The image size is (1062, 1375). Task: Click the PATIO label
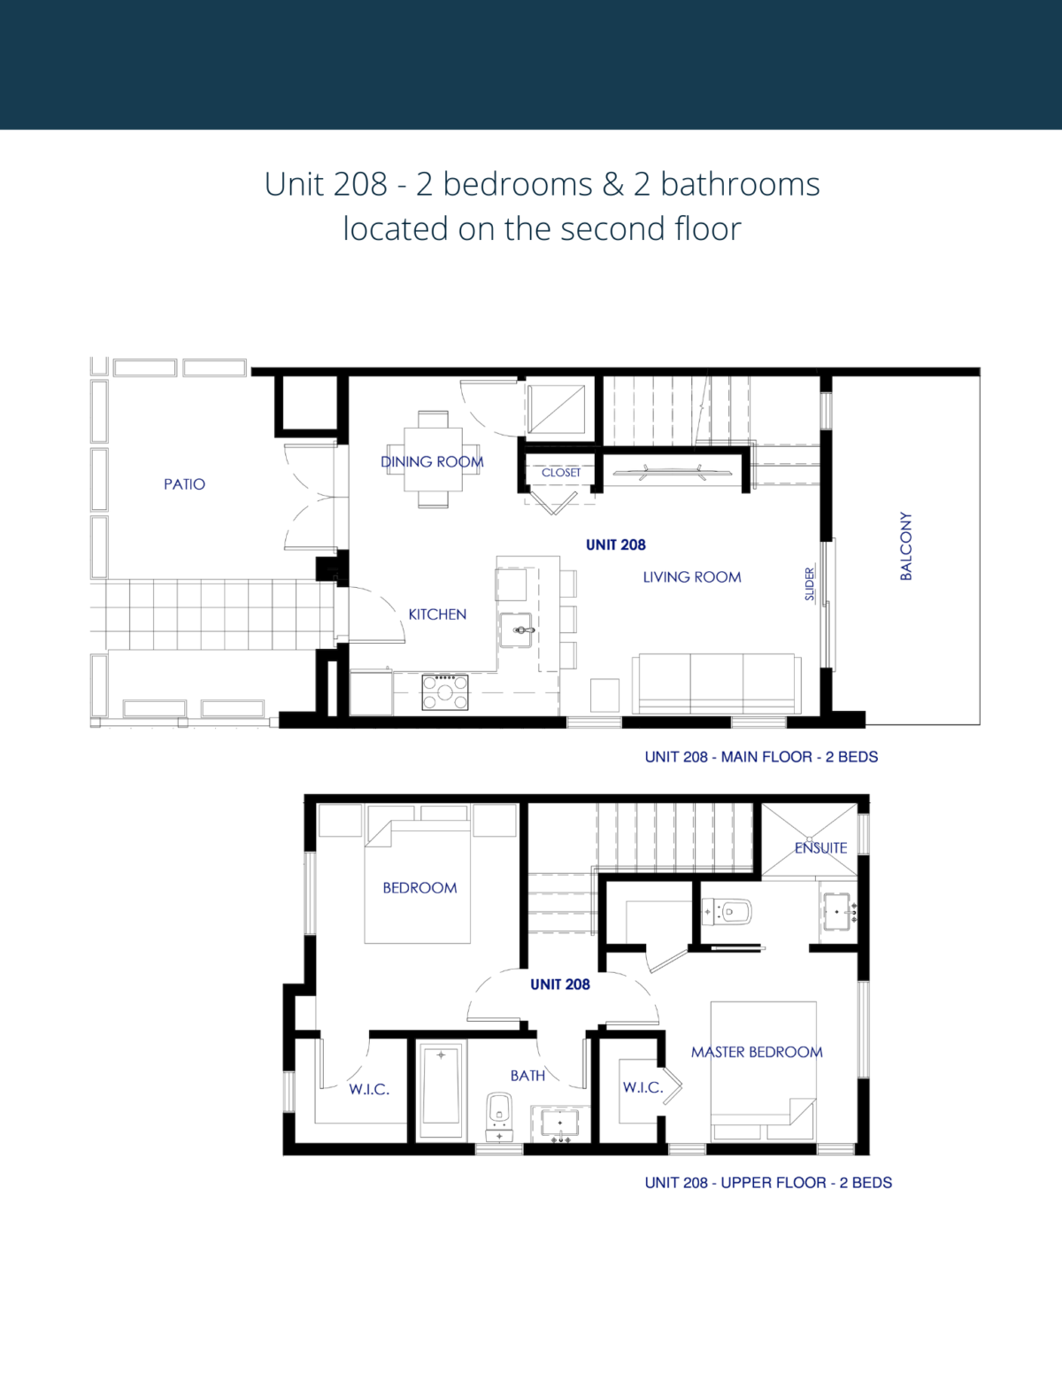pos(184,484)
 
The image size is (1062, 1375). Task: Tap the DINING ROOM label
pos(432,461)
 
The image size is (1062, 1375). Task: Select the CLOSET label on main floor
pos(561,473)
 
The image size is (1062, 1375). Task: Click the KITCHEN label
pos(437,614)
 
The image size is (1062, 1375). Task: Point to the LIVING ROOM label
pos(692,577)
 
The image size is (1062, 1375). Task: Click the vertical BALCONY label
pos(905,545)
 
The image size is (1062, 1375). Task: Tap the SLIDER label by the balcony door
pos(810,584)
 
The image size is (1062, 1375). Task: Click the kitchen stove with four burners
pos(445,691)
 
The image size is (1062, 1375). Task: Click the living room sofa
pos(716,684)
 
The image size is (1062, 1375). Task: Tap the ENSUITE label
pos(820,847)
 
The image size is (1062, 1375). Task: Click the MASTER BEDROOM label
pos(757,1052)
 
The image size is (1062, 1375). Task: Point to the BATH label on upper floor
pos(527,1076)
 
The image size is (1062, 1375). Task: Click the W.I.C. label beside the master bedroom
pos(643,1087)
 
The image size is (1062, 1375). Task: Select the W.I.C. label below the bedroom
pos(369,1089)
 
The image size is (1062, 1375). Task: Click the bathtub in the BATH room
pos(441,1091)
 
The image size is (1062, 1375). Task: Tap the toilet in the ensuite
pos(728,911)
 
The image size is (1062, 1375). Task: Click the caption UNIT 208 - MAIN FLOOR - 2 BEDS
pos(761,757)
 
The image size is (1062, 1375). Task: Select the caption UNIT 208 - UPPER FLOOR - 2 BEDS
pos(768,1183)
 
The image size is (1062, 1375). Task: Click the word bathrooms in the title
pos(740,184)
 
